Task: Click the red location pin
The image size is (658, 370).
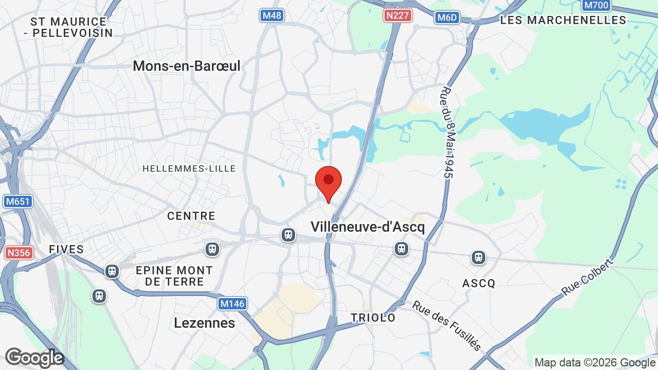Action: (x=328, y=181)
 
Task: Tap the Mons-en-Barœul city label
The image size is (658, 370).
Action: (x=187, y=66)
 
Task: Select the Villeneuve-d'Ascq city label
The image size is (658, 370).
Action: (x=368, y=227)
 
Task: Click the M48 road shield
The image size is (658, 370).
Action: (x=271, y=15)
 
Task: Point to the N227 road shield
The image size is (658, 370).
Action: (x=398, y=15)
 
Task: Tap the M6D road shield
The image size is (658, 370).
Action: (x=447, y=17)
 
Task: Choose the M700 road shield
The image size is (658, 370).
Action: (x=596, y=6)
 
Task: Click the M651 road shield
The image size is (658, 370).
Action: (x=17, y=201)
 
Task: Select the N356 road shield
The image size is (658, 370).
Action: (x=19, y=253)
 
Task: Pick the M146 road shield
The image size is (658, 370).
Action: (x=232, y=304)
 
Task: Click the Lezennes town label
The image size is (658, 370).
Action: (x=205, y=323)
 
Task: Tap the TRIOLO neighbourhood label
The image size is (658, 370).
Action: (x=373, y=318)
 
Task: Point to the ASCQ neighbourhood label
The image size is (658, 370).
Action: (x=478, y=283)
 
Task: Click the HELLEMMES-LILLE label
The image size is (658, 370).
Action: (x=189, y=169)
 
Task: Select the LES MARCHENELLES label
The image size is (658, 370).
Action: (x=563, y=21)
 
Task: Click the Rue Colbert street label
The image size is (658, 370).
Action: (x=587, y=277)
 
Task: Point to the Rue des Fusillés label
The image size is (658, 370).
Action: (x=447, y=325)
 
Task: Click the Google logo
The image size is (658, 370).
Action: (x=34, y=358)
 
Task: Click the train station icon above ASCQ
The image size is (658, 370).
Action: (x=479, y=257)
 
